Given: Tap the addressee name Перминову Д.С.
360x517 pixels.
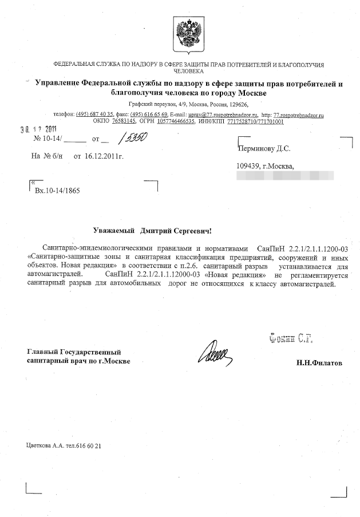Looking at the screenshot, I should (x=263, y=148).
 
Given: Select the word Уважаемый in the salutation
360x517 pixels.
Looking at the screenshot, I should (x=114, y=230).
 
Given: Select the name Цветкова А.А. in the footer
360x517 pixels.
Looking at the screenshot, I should (x=48, y=445).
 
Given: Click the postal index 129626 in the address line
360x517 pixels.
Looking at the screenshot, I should (x=236, y=105).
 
